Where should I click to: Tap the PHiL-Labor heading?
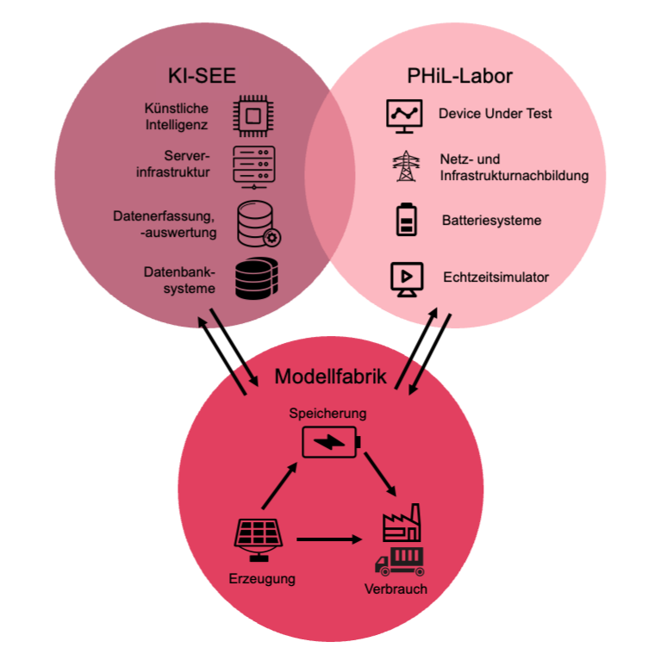click(x=459, y=76)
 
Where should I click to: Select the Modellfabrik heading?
click(x=331, y=377)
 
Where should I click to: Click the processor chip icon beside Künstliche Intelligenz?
click(x=252, y=117)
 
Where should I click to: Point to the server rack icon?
click(x=252, y=165)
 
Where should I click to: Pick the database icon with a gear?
click(x=258, y=223)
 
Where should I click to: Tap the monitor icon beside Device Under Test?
click(x=404, y=115)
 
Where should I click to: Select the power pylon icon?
click(x=403, y=166)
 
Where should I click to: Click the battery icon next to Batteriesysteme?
click(x=405, y=220)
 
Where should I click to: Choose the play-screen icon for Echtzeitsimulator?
click(x=403, y=278)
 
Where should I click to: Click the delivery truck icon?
click(x=401, y=560)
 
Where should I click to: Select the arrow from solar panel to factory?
click(x=329, y=539)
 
